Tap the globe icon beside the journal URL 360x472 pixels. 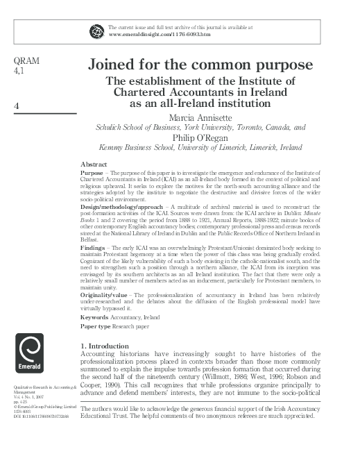[96, 31]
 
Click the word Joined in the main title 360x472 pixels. [113, 65]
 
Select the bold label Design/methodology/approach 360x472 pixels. [120, 208]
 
